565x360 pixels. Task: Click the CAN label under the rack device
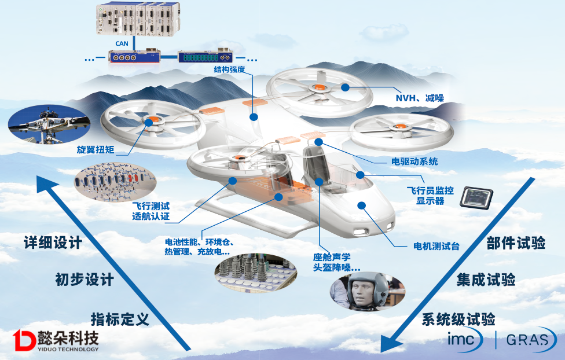click(121, 43)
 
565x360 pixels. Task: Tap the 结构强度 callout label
click(230, 70)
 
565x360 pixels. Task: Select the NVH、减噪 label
click(419, 98)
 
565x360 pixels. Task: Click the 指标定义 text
click(120, 318)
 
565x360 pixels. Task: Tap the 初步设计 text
click(84, 280)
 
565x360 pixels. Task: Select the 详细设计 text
click(53, 243)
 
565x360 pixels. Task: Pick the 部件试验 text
click(516, 243)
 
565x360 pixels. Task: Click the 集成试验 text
click(486, 280)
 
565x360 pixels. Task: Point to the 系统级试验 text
click(458, 319)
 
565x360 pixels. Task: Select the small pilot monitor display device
click(476, 198)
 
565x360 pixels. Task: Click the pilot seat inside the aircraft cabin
click(313, 161)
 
